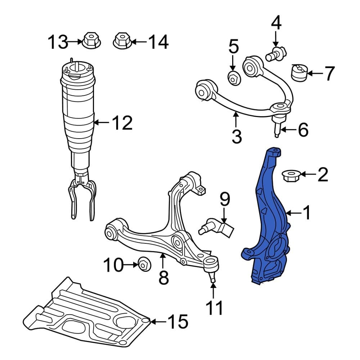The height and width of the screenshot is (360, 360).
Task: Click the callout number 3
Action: tap(237, 136)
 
